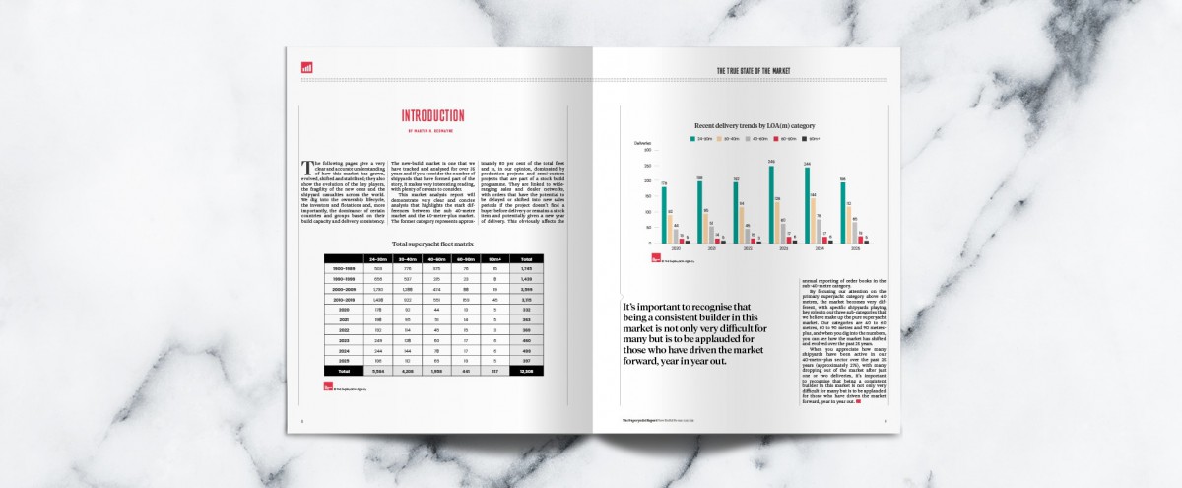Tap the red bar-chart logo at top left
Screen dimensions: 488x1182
pyautogui.click(x=306, y=67)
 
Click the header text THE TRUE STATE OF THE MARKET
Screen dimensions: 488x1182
pyautogui.click(x=754, y=71)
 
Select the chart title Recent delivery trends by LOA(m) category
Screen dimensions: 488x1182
pyautogui.click(x=755, y=127)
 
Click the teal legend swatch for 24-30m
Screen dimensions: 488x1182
pyautogui.click(x=693, y=140)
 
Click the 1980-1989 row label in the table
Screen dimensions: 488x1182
pyautogui.click(x=345, y=269)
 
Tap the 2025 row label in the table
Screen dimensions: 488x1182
pyautogui.click(x=345, y=361)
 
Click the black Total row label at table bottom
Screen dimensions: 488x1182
pyautogui.click(x=345, y=372)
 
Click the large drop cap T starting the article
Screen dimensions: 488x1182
pyautogui.click(x=308, y=164)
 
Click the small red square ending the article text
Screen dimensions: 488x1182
pyautogui.click(x=859, y=401)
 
